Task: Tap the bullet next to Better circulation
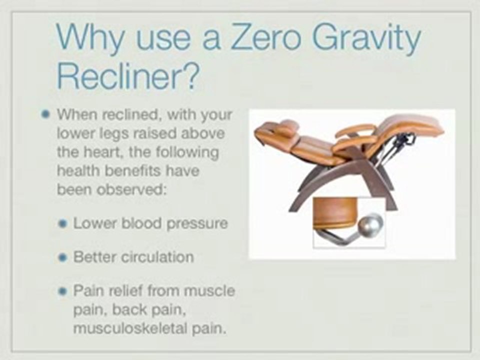[62, 258]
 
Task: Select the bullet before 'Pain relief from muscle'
[62, 290]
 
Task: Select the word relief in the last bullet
[124, 290]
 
